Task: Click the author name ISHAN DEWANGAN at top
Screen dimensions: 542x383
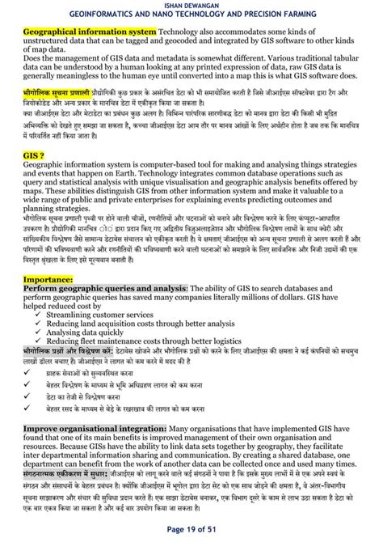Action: pos(191,5)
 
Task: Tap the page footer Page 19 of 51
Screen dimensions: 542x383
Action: pos(191,530)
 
